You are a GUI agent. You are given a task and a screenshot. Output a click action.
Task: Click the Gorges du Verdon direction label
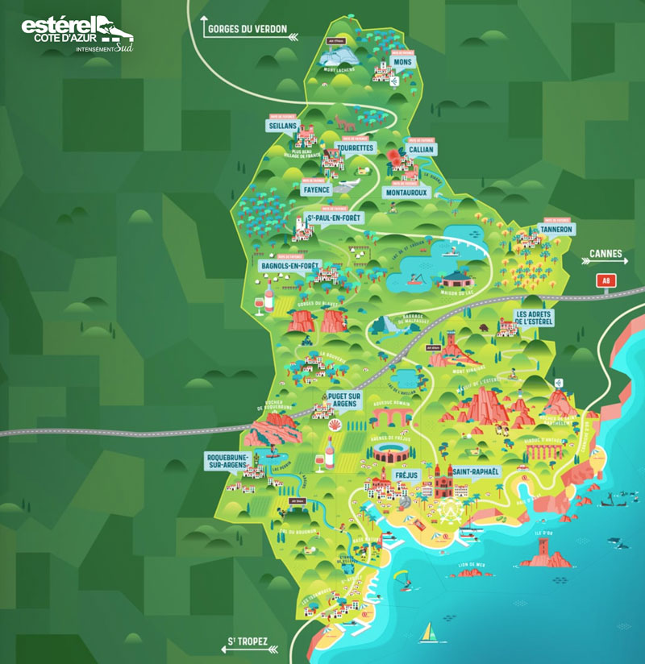tap(247, 29)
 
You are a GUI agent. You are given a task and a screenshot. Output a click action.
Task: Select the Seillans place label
tap(284, 127)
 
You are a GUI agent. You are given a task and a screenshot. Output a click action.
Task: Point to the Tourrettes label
tap(355, 148)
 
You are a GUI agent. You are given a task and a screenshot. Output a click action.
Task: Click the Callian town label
tap(420, 150)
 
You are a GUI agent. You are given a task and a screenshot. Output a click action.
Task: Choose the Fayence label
tap(316, 191)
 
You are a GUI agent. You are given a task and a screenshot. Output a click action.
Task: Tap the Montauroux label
tap(406, 193)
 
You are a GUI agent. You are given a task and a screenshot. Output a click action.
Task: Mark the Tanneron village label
tap(556, 229)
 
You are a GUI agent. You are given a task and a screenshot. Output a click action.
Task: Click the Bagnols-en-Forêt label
tap(290, 265)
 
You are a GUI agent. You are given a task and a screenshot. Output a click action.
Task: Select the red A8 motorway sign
tap(605, 280)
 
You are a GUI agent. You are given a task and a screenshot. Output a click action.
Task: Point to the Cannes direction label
tap(606, 255)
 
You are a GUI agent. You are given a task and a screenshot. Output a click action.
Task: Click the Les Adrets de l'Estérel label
tap(535, 318)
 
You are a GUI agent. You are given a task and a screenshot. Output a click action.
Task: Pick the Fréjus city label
tap(406, 476)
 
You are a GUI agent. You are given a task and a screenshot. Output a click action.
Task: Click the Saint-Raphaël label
tap(476, 471)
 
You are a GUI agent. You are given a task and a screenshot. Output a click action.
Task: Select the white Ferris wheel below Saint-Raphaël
tap(448, 510)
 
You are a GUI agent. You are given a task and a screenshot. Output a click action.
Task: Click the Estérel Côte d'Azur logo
tap(77, 32)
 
